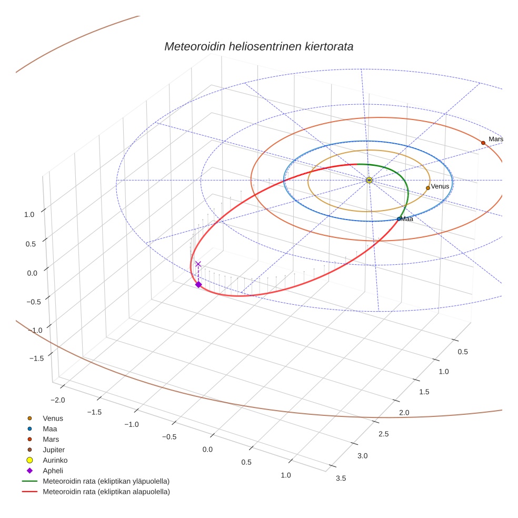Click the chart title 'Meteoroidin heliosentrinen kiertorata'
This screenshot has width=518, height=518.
(x=258, y=46)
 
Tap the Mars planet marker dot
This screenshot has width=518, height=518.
(x=483, y=143)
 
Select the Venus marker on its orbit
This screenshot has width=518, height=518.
(x=427, y=187)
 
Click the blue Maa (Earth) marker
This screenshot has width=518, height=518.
(x=399, y=218)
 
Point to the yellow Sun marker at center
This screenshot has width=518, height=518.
(x=369, y=180)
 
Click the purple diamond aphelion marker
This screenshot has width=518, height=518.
(x=198, y=284)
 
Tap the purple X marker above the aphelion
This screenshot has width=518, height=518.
(x=198, y=264)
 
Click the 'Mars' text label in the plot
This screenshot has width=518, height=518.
(x=495, y=139)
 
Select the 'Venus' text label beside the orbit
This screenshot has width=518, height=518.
(x=440, y=186)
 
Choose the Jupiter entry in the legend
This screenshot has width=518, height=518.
(x=54, y=450)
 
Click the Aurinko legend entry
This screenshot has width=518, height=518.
(x=55, y=460)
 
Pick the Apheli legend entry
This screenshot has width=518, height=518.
(x=53, y=471)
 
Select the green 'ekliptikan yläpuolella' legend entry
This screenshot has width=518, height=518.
(x=106, y=481)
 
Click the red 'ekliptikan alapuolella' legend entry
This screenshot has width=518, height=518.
(x=106, y=492)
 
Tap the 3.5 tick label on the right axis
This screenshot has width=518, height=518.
(x=341, y=478)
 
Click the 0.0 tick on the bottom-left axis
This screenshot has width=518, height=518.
(x=207, y=449)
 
